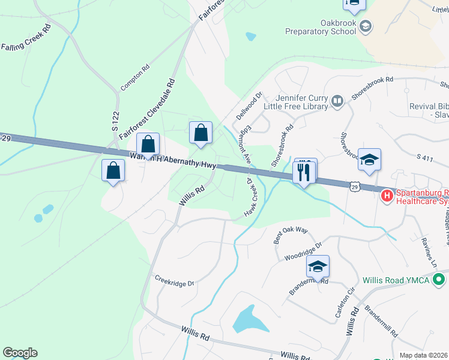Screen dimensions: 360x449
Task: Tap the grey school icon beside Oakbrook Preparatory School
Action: pyautogui.click(x=366, y=26)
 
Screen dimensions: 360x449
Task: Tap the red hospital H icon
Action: pyautogui.click(x=387, y=194)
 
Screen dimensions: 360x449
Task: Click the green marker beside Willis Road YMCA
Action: pyautogui.click(x=439, y=280)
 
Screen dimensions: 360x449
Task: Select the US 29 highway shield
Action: pyautogui.click(x=355, y=188)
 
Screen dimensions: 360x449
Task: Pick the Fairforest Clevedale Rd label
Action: pyautogui.click(x=147, y=110)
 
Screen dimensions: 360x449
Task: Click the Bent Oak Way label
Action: pyautogui.click(x=291, y=234)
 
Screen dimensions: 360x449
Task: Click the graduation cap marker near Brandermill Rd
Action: pyautogui.click(x=318, y=266)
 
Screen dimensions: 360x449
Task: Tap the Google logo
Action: pyautogui.click(x=20, y=353)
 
